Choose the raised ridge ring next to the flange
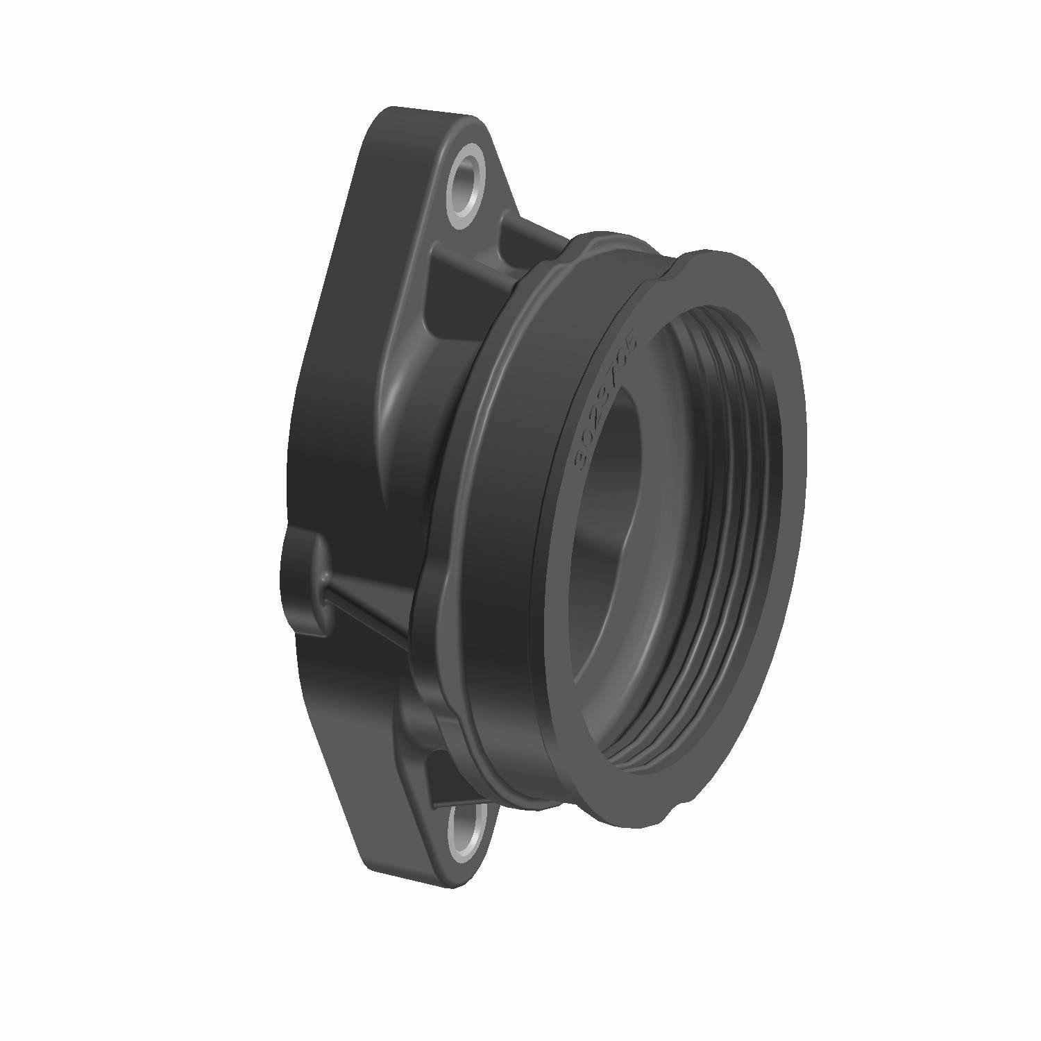444,486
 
